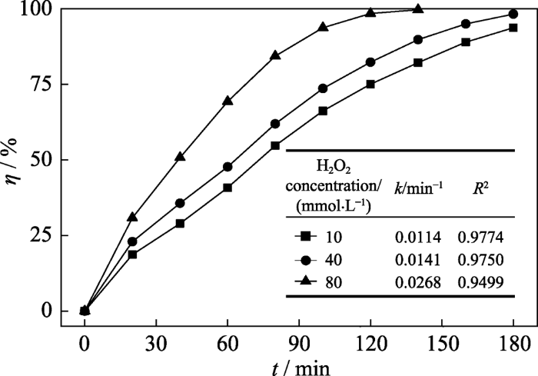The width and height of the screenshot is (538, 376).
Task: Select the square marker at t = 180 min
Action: point(513,28)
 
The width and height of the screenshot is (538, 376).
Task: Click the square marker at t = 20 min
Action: point(132,255)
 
